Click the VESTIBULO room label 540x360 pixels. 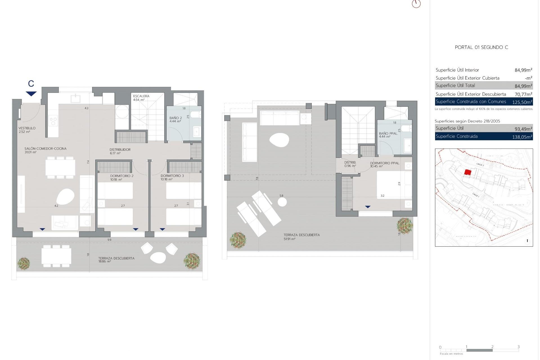(27, 128)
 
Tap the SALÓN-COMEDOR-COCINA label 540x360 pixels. (45, 149)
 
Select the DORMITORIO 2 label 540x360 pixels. (121, 176)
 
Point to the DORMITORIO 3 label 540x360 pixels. (172, 176)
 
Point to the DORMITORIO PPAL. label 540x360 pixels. (384, 163)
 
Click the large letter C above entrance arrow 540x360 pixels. (31, 84)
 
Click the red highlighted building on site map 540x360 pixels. (468, 172)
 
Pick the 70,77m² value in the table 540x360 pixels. (523, 94)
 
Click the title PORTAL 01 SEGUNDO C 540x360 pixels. (481, 47)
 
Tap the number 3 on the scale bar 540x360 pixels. (518, 347)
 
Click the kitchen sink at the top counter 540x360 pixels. (76, 99)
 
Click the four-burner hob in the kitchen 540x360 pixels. (53, 121)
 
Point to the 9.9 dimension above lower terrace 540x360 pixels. (109, 240)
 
